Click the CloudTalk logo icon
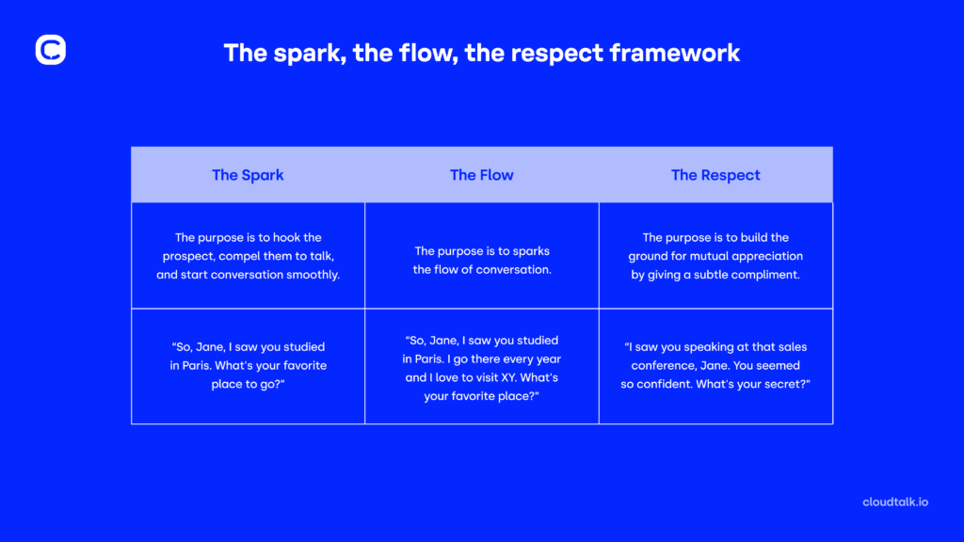(x=50, y=50)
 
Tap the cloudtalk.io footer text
(x=895, y=502)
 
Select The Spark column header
(x=248, y=175)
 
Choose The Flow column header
(x=482, y=175)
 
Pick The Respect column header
(x=715, y=175)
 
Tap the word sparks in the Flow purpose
(x=530, y=251)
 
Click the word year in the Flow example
(x=547, y=359)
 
